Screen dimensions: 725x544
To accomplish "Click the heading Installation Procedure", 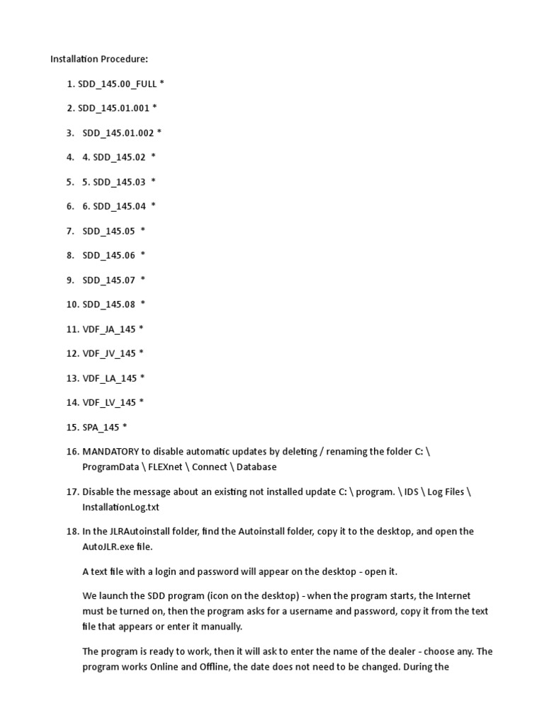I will click(99, 59).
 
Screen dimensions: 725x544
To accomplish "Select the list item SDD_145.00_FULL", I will click(117, 84).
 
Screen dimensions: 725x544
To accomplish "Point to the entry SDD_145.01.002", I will click(118, 132).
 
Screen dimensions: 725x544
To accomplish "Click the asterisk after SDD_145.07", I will click(143, 280).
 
